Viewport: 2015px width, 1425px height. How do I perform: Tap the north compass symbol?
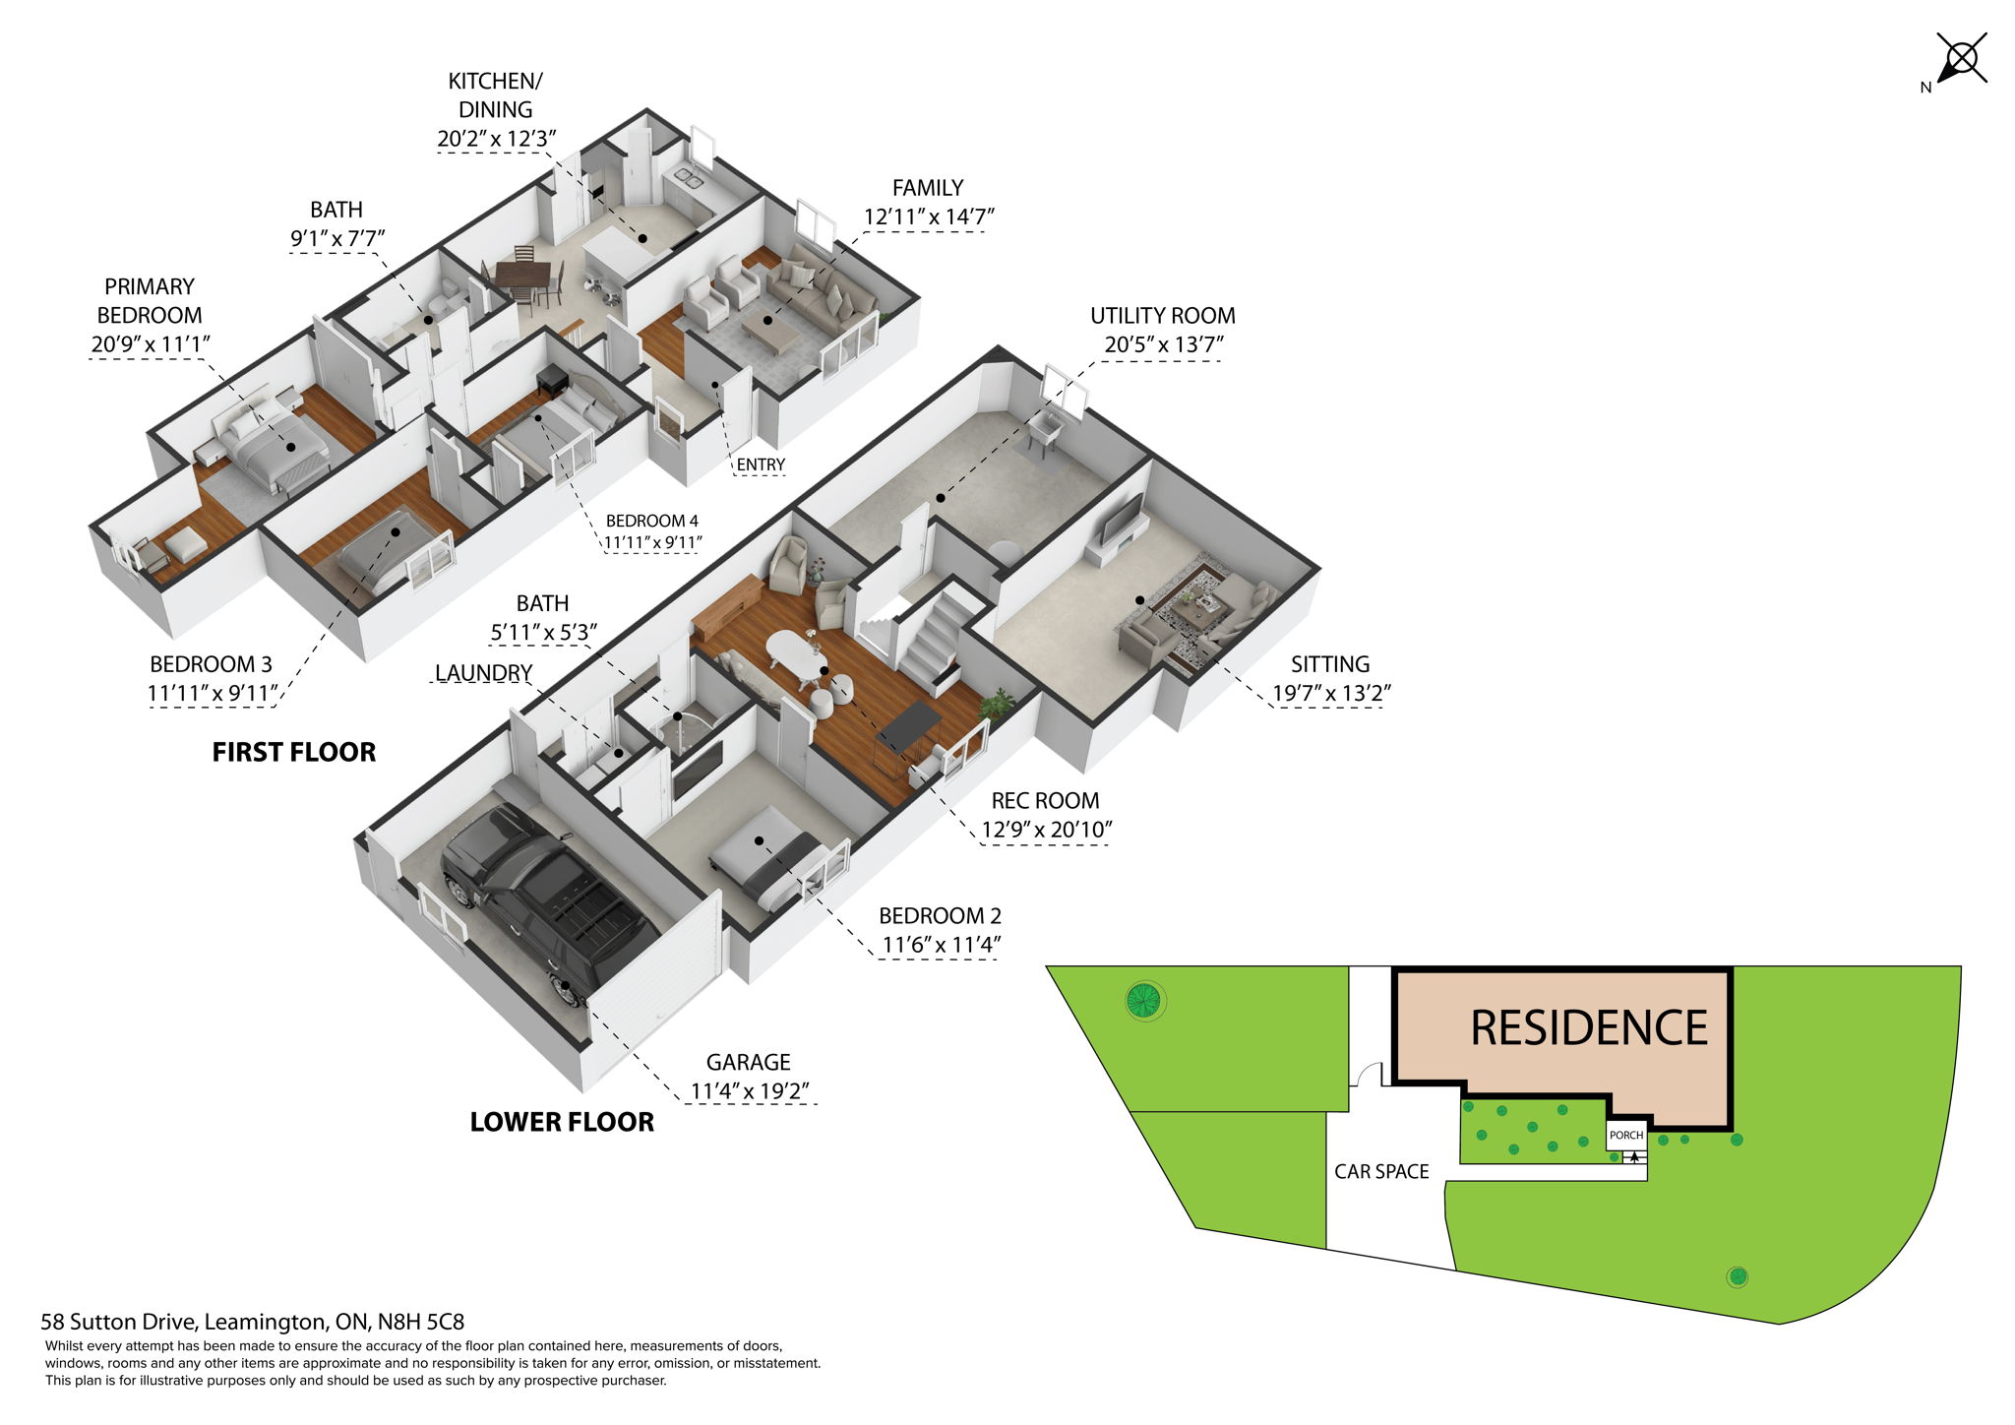click(x=1960, y=62)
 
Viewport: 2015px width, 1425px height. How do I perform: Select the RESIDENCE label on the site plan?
click(x=1588, y=1028)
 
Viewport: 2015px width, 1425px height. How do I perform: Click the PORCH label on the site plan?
click(x=1625, y=1135)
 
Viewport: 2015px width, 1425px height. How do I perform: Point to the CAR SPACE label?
click(x=1381, y=1171)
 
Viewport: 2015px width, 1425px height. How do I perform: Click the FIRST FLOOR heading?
click(x=294, y=753)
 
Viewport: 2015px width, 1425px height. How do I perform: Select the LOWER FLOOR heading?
click(x=562, y=1122)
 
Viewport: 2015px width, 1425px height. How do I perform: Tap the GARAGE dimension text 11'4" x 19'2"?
click(x=750, y=1091)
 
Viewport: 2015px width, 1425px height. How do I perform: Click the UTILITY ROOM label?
click(x=1162, y=316)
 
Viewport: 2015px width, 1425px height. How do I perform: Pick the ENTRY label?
click(x=761, y=465)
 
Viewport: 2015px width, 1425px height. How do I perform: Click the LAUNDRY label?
click(x=483, y=672)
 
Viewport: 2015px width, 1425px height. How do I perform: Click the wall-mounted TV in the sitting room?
click(x=1122, y=518)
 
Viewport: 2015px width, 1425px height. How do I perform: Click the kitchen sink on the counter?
click(x=684, y=178)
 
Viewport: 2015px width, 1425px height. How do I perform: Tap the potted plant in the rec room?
click(x=997, y=703)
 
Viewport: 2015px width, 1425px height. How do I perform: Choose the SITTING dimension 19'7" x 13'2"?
click(x=1330, y=694)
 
